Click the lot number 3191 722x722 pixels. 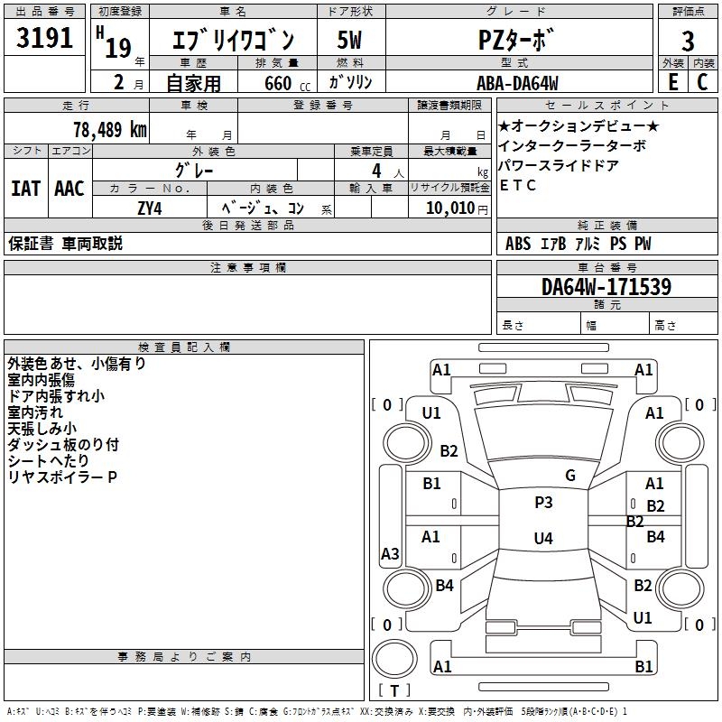click(x=44, y=38)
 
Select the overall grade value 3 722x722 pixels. click(x=688, y=42)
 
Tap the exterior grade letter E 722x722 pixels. click(x=672, y=82)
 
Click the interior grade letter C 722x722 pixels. click(x=702, y=82)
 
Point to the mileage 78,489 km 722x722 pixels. click(x=110, y=130)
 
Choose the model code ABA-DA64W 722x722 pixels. click(x=517, y=83)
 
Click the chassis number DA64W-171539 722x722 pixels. click(x=606, y=287)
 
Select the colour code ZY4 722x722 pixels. click(x=150, y=208)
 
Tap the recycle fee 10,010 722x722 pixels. click(x=450, y=208)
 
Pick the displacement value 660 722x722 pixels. click(x=278, y=83)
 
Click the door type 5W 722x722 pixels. click(x=349, y=40)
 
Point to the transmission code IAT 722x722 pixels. click(x=25, y=189)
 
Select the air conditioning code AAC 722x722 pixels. click(x=69, y=189)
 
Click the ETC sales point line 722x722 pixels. click(x=517, y=185)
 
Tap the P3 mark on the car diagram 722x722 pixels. click(x=543, y=503)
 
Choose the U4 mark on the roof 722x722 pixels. click(x=543, y=538)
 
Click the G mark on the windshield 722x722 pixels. click(x=570, y=476)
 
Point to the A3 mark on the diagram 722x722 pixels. click(x=390, y=553)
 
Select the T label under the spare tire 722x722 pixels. click(x=394, y=690)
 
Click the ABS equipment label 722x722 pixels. click(x=518, y=244)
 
